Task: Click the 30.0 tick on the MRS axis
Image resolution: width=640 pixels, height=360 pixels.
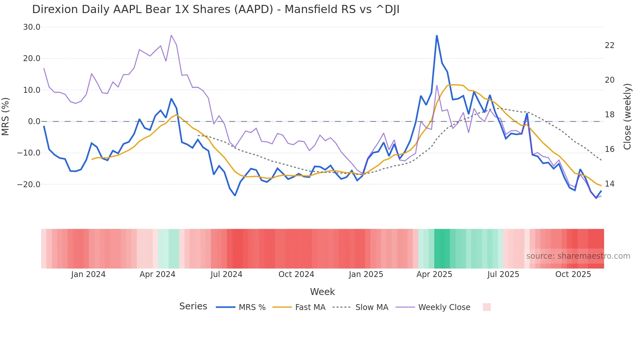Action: (32, 27)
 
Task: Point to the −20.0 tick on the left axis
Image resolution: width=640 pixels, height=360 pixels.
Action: (29, 185)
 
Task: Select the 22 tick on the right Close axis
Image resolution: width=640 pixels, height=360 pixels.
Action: (609, 45)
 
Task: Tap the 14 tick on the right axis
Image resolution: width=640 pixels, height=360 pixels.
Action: (609, 184)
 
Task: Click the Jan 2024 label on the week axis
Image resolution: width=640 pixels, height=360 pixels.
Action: (88, 274)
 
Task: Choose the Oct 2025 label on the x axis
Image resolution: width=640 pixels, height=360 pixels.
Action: (573, 274)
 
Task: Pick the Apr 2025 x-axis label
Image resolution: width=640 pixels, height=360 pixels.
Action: (434, 274)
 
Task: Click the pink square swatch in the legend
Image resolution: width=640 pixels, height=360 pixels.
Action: (487, 307)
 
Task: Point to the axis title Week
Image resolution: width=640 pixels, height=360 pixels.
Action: (322, 292)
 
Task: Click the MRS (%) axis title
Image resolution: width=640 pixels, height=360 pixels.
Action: (6, 116)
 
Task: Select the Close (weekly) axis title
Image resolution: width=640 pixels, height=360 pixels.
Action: (627, 116)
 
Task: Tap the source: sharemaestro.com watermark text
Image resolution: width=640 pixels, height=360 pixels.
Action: (578, 256)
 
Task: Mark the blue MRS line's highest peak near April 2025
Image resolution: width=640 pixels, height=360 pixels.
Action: (437, 36)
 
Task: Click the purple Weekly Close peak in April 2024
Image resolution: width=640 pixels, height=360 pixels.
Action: (171, 35)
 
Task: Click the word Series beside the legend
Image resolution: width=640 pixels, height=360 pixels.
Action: (193, 306)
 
